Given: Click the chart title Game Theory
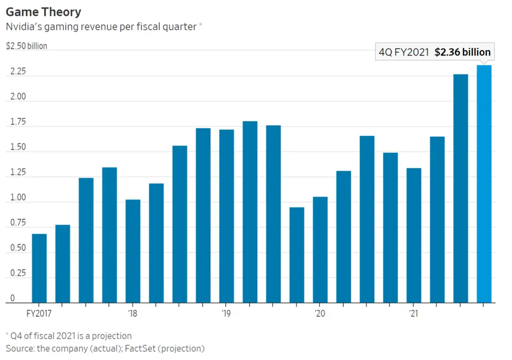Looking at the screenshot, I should pyautogui.click(x=44, y=11).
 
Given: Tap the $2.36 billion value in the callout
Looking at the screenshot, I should pyautogui.click(x=462, y=52).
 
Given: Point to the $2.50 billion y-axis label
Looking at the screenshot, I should pyautogui.click(x=27, y=46).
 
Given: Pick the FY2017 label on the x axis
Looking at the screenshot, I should pyautogui.click(x=39, y=313).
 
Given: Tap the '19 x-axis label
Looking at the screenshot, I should pyautogui.click(x=226, y=313).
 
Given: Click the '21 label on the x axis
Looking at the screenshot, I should pyautogui.click(x=413, y=313).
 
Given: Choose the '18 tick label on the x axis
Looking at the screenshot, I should pyautogui.click(x=132, y=313).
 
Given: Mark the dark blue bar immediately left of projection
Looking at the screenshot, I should pyautogui.click(x=460, y=188).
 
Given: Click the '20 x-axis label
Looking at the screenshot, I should pyautogui.click(x=319, y=313).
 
